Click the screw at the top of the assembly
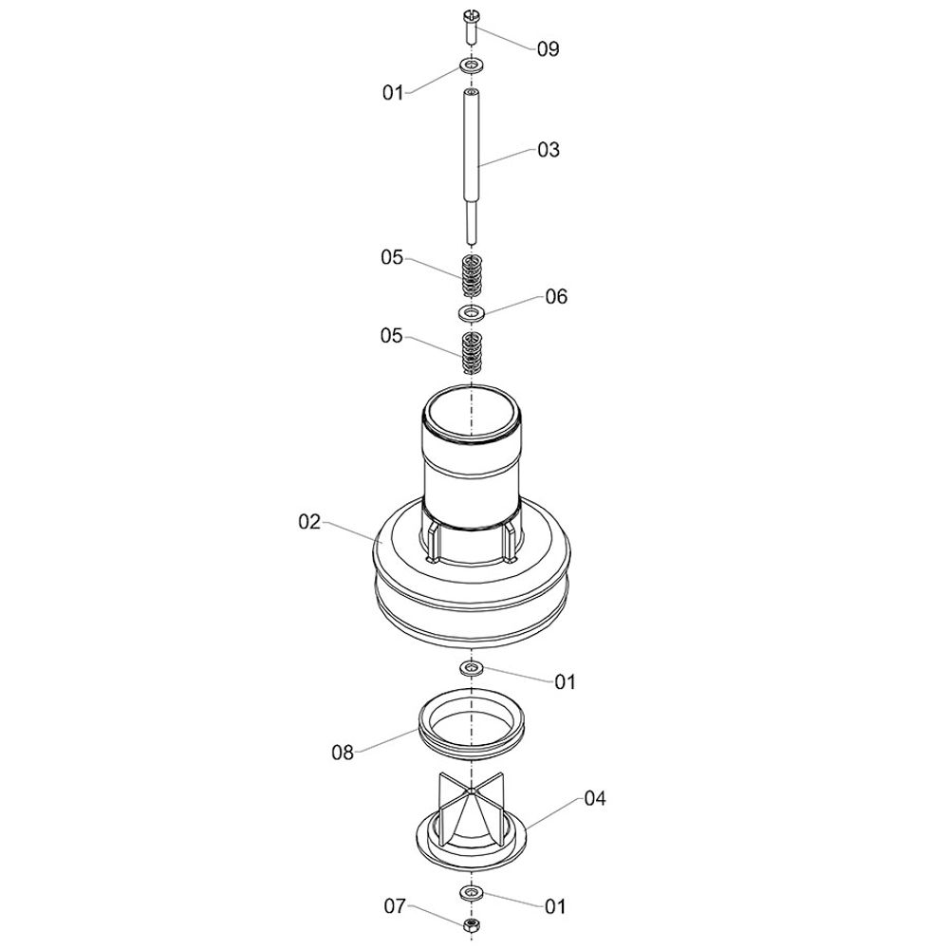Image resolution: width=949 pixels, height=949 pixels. pyautogui.click(x=471, y=27)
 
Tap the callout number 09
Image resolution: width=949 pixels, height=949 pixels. pyautogui.click(x=549, y=49)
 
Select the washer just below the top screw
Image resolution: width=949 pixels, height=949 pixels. pyautogui.click(x=471, y=65)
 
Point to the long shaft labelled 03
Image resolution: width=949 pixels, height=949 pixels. pyautogui.click(x=472, y=166)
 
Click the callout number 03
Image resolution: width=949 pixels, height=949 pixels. pyautogui.click(x=549, y=150)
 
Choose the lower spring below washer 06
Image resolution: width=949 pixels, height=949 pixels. pyautogui.click(x=472, y=353)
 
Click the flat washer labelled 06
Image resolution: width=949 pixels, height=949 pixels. pyautogui.click(x=472, y=313)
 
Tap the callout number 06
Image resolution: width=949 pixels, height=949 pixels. pyautogui.click(x=556, y=296)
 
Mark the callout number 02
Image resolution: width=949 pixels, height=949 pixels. pyautogui.click(x=309, y=522)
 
